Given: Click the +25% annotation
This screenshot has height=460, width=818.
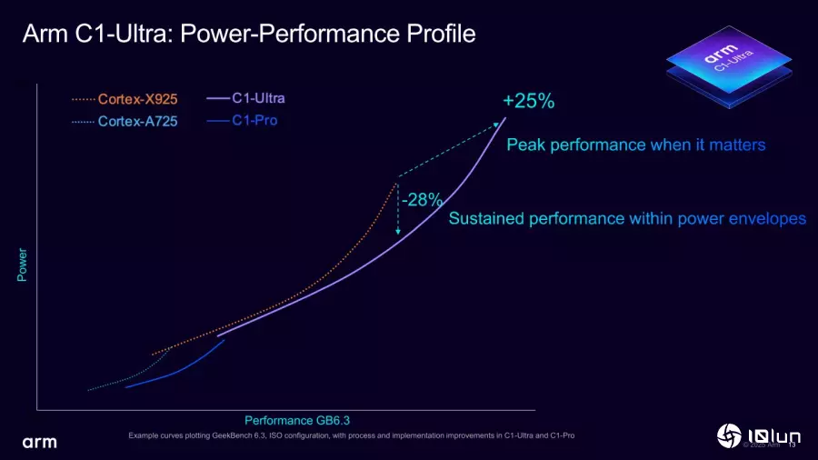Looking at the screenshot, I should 528,101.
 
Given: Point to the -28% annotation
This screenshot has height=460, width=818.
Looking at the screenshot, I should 422,199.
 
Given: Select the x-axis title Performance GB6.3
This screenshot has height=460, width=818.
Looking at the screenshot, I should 297,420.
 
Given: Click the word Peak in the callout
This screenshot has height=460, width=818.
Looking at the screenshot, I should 525,145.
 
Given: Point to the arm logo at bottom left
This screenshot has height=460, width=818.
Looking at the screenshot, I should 39,442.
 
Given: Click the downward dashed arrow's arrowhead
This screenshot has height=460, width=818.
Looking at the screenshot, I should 398,233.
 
